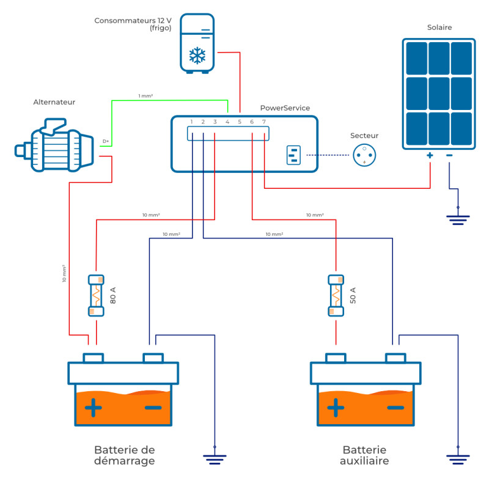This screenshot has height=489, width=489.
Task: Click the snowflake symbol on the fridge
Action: [x=197, y=56]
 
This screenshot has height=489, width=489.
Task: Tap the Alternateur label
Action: [x=54, y=102]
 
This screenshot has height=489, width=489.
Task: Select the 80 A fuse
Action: [x=96, y=296]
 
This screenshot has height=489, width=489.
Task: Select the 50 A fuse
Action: [x=336, y=296]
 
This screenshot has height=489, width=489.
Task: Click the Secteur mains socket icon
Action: [x=364, y=155]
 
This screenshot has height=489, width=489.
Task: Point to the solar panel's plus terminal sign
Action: [x=430, y=155]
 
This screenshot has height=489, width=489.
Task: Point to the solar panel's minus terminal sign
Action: [x=449, y=155]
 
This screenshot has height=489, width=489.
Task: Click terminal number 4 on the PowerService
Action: [x=227, y=122]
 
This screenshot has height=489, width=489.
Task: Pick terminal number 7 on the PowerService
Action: [x=264, y=122]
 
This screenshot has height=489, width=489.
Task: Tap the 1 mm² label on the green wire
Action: [x=145, y=96]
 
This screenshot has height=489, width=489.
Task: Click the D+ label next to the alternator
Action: [x=106, y=141]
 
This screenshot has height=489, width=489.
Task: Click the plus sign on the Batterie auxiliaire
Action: [x=336, y=407]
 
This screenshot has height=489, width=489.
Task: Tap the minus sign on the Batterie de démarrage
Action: [x=153, y=407]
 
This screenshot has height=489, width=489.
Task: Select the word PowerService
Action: [x=285, y=108]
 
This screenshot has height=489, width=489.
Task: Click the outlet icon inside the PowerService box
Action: [x=293, y=155]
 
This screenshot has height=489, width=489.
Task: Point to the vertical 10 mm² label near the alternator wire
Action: [x=64, y=273]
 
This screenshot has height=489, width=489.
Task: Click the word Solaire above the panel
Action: [x=439, y=28]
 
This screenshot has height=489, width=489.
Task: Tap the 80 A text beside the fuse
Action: [x=113, y=295]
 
